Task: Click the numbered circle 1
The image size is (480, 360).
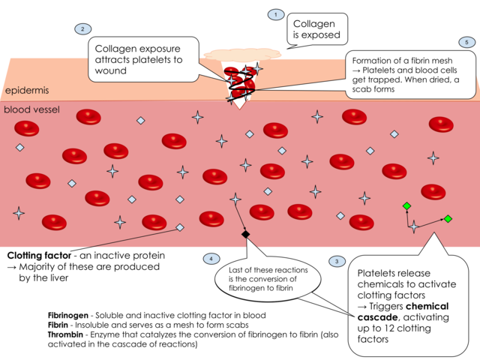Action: coord(276,14)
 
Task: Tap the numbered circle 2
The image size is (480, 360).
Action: coord(81,29)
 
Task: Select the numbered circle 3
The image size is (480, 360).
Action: coord(337,261)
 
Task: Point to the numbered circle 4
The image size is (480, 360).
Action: coord(211,259)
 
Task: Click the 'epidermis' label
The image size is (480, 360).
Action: coord(26,91)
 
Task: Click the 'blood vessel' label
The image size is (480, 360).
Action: coord(32,109)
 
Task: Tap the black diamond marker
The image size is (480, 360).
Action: coord(245,235)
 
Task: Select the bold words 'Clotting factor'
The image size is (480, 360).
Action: coord(39,256)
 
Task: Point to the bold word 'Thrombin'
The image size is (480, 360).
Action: coord(64,335)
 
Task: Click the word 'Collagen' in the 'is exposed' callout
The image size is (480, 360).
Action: coord(313,24)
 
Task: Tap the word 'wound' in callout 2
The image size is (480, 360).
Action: coord(111,71)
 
